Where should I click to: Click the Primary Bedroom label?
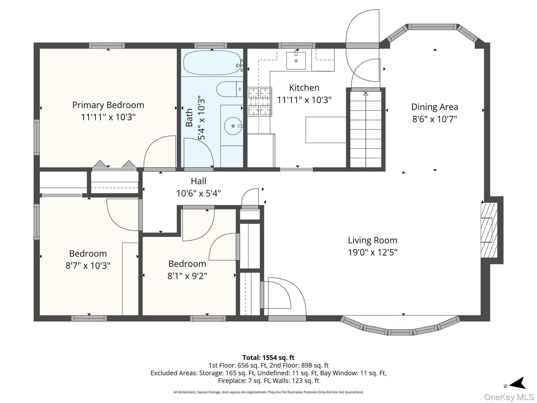[108, 105]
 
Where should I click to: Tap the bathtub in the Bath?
[212, 63]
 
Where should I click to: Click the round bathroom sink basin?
[233, 126]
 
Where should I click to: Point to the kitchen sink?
[296, 61]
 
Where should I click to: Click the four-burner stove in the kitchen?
[259, 102]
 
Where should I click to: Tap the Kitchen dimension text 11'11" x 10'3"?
[304, 100]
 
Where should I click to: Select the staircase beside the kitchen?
[366, 129]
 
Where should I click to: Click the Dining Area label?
[434, 107]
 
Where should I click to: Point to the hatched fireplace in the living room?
[489, 230]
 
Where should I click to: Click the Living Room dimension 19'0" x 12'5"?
[373, 252]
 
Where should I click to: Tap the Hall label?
[198, 181]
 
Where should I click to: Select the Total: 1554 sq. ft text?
[268, 358]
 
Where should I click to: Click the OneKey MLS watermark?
[509, 397]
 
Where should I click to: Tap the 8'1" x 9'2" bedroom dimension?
[187, 276]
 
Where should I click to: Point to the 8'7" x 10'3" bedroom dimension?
[88, 266]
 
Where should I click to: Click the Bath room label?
[189, 118]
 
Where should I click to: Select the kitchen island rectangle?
[326, 130]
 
